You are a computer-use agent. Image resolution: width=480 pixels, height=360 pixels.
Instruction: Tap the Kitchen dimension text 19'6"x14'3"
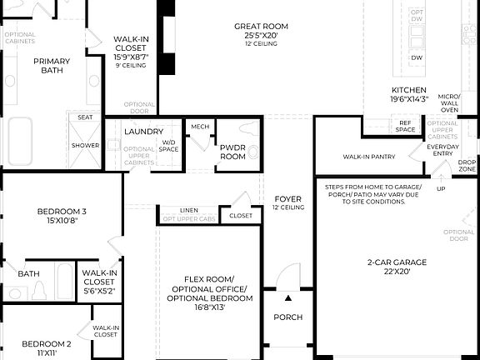[x=409, y=99]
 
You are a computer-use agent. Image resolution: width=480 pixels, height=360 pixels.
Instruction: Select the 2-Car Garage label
[x=385, y=262]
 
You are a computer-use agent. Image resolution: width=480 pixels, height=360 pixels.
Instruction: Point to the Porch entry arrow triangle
[x=288, y=297]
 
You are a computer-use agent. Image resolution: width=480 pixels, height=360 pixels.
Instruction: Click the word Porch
[x=288, y=317]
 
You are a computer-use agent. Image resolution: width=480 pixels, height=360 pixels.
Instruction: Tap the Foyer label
[x=288, y=198]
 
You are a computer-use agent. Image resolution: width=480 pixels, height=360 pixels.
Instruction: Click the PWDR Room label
[x=232, y=152]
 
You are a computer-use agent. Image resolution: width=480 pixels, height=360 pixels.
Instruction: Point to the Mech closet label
[x=200, y=127]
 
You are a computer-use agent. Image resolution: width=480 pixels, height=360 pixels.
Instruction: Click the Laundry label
[x=143, y=132]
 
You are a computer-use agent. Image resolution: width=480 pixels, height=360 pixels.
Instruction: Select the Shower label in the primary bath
[x=85, y=145]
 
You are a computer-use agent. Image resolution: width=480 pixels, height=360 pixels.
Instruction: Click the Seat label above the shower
[x=85, y=117]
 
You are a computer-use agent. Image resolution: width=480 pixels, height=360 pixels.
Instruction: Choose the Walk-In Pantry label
[x=368, y=156]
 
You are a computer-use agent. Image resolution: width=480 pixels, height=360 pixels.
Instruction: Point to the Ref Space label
[x=406, y=125]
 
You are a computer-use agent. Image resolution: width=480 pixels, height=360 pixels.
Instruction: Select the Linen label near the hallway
[x=189, y=210]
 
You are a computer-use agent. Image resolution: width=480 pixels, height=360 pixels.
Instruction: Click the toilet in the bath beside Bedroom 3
[x=37, y=290]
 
